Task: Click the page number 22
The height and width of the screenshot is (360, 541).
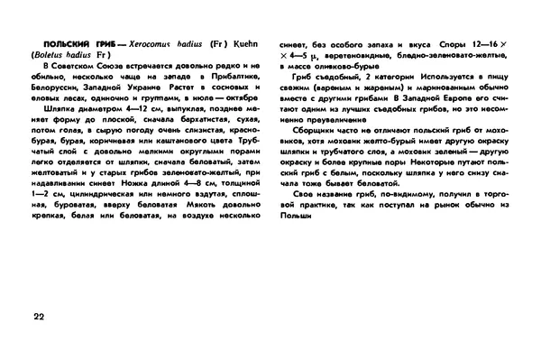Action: [36, 316]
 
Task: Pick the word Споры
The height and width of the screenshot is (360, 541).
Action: [454, 43]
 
